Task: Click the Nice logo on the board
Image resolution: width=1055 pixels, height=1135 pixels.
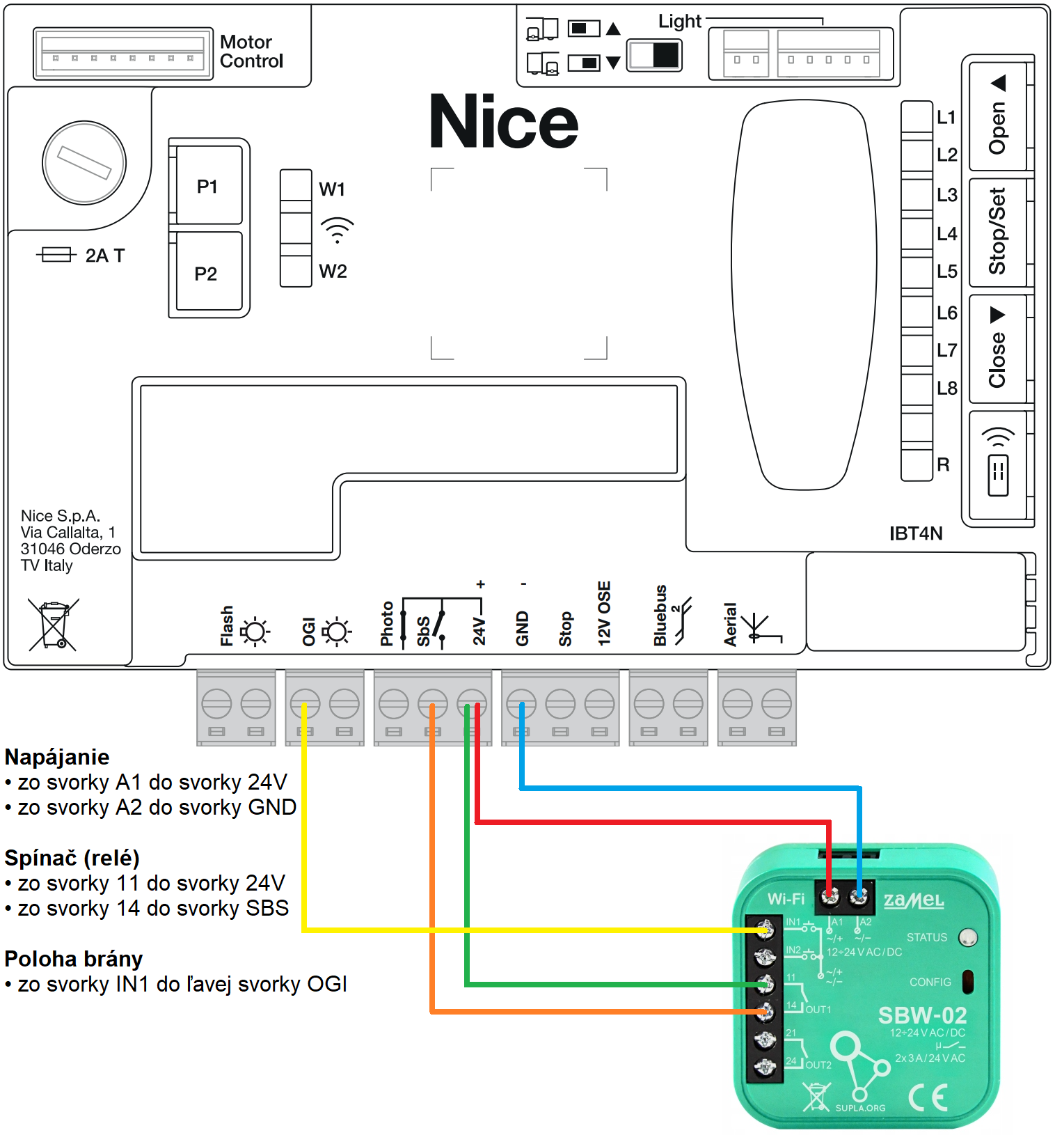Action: pos(504,123)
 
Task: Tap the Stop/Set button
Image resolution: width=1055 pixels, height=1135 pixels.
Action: pos(997,231)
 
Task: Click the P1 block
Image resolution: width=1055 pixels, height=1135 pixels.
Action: pos(208,185)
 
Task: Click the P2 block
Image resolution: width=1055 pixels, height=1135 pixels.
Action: pos(207,272)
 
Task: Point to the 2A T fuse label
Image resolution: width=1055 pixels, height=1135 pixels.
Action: pos(104,256)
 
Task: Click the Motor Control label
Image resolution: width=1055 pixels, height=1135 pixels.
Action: pos(251,52)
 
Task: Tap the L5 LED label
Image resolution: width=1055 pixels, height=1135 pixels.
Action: pos(946,271)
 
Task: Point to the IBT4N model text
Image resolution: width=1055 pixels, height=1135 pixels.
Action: pos(916,533)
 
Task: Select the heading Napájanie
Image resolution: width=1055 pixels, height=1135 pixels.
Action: pos(57,757)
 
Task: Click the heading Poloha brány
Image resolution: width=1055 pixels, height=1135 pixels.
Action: pos(74,959)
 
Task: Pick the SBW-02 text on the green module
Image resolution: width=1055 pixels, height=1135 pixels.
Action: pos(922,1015)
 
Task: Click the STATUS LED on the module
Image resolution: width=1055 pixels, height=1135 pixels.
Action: pos(968,937)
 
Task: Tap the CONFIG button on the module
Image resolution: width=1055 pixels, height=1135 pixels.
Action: pos(967,982)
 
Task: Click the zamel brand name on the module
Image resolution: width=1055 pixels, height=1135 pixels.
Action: pos(914,900)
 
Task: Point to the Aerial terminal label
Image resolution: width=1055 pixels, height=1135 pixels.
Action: pos(730,625)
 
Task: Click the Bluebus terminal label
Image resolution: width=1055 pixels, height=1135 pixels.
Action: pos(660,616)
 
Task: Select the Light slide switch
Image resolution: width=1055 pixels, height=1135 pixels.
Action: pos(654,56)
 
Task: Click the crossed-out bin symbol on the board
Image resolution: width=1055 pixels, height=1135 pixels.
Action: pos(54,625)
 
